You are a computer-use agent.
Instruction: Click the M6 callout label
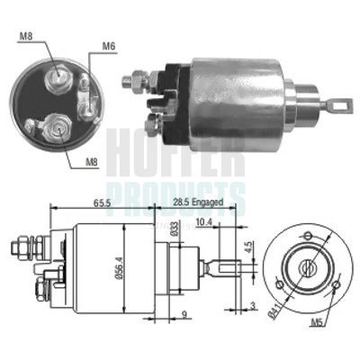click(x=108, y=46)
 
